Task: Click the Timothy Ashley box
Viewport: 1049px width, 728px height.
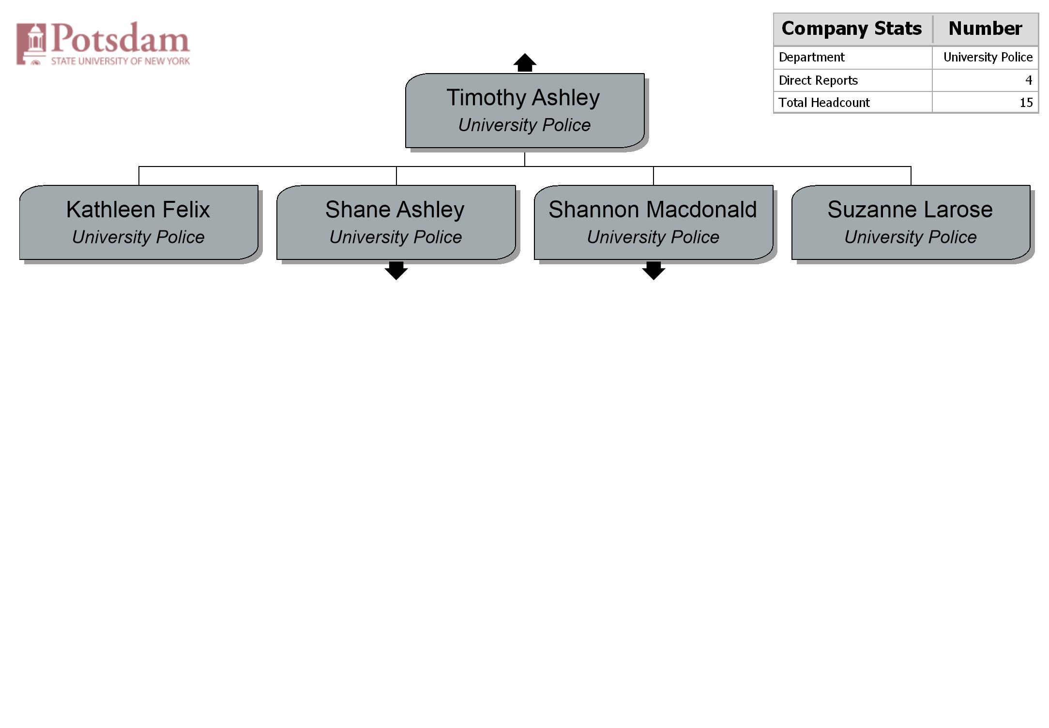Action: click(525, 111)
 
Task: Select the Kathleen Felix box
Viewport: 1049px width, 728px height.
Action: click(139, 223)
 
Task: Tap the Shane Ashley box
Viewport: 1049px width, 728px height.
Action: click(396, 223)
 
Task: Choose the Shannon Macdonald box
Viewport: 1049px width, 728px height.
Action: click(654, 223)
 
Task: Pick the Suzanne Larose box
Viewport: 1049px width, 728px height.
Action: click(911, 223)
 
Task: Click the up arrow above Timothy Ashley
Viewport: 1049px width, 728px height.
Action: click(525, 62)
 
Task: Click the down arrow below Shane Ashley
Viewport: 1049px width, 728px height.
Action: click(396, 271)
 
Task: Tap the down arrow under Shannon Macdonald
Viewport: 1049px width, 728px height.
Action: click(654, 271)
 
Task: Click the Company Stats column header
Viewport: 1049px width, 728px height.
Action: click(852, 29)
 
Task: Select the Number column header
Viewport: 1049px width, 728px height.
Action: click(985, 29)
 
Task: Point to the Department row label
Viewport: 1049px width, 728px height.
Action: click(811, 57)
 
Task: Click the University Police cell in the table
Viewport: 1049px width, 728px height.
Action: click(988, 57)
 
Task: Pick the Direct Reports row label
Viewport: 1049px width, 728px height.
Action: click(818, 80)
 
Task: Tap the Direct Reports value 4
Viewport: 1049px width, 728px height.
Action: click(1029, 80)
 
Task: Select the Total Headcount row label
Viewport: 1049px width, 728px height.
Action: click(824, 103)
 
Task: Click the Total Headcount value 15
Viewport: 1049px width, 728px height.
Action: click(1026, 103)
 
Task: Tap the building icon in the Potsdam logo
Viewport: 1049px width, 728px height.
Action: click(31, 44)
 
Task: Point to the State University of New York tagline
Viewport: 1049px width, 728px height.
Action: click(121, 61)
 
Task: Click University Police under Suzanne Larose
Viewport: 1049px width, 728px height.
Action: click(911, 237)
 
